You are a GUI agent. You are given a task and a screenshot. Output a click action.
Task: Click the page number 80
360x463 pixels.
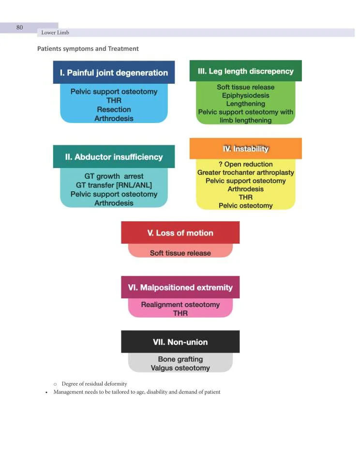19,28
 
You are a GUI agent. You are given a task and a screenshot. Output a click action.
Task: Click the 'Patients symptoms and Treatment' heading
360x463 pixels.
88,48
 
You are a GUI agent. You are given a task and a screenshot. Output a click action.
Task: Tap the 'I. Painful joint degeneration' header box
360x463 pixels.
114,73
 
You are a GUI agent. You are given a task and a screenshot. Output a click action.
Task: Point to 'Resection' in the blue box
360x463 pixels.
114,109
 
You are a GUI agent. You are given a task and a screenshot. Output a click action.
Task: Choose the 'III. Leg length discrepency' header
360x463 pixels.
246,71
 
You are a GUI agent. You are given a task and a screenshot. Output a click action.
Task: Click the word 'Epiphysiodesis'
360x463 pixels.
246,95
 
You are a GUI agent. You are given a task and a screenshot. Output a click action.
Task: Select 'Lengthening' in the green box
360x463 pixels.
246,104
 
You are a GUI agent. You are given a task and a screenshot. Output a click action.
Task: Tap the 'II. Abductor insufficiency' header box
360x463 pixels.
114,157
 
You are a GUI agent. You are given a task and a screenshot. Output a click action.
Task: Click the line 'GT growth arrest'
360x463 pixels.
114,176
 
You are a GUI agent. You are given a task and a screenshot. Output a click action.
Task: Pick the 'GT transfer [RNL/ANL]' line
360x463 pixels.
114,185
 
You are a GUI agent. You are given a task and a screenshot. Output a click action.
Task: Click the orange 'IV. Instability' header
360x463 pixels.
246,149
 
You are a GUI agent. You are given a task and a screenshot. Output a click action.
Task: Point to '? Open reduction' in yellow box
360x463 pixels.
246,164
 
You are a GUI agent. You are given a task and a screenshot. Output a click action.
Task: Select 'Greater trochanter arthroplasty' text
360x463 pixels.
246,172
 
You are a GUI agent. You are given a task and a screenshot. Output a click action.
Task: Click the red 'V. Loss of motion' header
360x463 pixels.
180,233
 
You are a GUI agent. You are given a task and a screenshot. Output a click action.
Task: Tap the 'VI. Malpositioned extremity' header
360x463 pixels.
180,287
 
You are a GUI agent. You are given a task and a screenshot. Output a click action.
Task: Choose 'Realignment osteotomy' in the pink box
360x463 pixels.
180,305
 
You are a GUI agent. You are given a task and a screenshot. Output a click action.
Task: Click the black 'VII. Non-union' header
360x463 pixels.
180,342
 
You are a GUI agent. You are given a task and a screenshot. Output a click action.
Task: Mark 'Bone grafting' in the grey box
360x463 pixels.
180,359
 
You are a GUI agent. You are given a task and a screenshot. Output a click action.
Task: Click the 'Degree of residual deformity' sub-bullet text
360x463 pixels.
94,384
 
